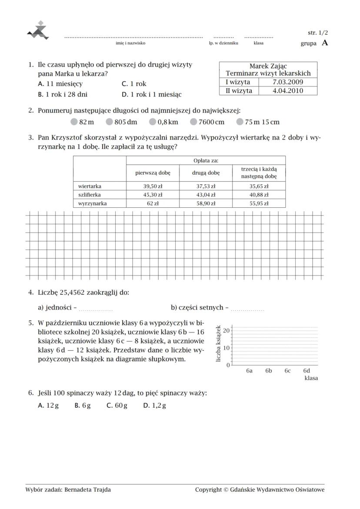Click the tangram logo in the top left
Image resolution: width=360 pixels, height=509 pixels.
pyautogui.click(x=38, y=30)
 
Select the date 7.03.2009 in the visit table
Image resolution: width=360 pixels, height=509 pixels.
pyautogui.click(x=287, y=82)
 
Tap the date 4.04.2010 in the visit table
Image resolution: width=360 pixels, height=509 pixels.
pyautogui.click(x=287, y=91)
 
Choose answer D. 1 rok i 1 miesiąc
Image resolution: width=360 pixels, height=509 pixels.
pyautogui.click(x=152, y=94)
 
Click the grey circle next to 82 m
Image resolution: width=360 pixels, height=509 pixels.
pyautogui.click(x=74, y=122)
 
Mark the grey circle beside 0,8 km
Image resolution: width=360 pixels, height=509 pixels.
pyautogui.click(x=153, y=122)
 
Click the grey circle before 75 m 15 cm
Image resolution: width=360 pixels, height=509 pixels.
pyautogui.click(x=240, y=122)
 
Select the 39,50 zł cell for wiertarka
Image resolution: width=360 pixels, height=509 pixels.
pyautogui.click(x=153, y=186)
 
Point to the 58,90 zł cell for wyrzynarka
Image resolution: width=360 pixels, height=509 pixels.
pyautogui.click(x=206, y=203)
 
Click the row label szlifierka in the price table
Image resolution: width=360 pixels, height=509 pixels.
pyautogui.click(x=87, y=195)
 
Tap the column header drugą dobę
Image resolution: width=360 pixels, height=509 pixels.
pyautogui.click(x=206, y=173)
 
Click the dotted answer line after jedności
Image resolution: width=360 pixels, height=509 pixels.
pyautogui.click(x=96, y=309)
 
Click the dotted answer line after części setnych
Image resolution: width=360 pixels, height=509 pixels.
pyautogui.click(x=247, y=309)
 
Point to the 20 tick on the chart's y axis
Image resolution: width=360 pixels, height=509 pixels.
pyautogui.click(x=227, y=331)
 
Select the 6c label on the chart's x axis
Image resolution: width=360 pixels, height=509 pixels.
pyautogui.click(x=287, y=371)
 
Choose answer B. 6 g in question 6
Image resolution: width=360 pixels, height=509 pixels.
pyautogui.click(x=83, y=406)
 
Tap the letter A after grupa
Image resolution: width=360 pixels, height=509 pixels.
pyautogui.click(x=325, y=43)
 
